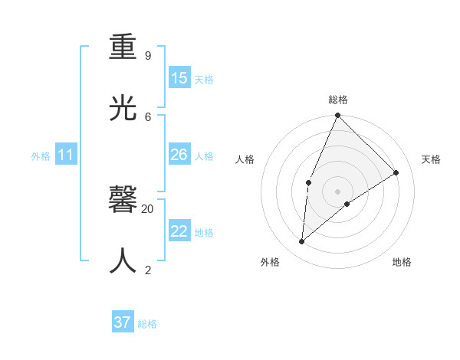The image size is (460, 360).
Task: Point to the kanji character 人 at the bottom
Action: click(123, 260)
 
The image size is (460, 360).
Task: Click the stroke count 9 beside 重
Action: click(148, 55)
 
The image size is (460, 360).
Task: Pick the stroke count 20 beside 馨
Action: click(148, 208)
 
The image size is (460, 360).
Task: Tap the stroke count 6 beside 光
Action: click(148, 116)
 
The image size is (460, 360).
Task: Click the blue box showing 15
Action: click(179, 78)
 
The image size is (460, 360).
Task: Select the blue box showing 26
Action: click(179, 155)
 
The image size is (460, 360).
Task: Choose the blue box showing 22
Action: click(179, 231)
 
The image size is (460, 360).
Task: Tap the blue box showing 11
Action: click(66, 155)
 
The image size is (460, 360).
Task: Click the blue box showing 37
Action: click(123, 322)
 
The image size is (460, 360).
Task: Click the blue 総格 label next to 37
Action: click(147, 324)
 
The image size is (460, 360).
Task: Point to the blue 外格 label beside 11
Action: click(41, 156)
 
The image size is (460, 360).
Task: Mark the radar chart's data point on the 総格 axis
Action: click(337, 115)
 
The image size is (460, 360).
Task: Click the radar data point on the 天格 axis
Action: click(396, 172)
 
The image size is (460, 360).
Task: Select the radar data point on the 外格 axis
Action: click(302, 241)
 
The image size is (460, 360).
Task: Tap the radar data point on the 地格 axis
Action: click(347, 204)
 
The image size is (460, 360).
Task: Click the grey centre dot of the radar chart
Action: click(337, 191)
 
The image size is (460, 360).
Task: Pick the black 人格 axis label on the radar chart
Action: click(245, 159)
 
